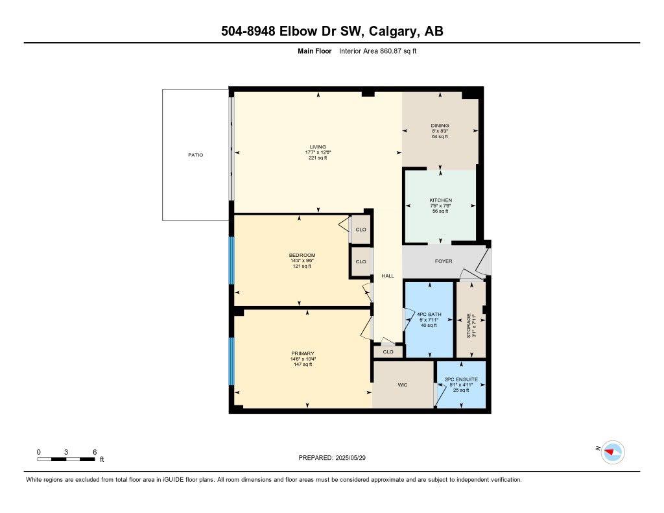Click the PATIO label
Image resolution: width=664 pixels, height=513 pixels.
pos(195,155)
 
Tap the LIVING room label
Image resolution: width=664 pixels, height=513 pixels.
pos(318,147)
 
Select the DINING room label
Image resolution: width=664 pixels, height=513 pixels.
pos(440,126)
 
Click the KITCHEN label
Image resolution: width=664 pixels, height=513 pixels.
pos(440,200)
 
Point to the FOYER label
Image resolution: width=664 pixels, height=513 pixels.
pos(444,261)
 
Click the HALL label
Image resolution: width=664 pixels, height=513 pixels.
pos(388,276)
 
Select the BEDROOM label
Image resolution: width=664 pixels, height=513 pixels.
pos(302,255)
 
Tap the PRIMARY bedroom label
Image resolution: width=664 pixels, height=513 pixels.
pos(303,353)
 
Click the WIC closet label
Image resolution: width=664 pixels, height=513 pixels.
pos(402,385)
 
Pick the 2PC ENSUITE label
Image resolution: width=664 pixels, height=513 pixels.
pos(460,379)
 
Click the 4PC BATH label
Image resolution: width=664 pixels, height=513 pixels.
pos(429,315)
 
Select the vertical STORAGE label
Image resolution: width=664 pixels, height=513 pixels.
pos(469,326)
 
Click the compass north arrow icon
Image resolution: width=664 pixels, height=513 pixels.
pos(612,451)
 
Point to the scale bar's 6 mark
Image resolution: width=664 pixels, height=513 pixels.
pos(95,451)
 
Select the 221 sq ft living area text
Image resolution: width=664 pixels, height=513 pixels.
pos(318,158)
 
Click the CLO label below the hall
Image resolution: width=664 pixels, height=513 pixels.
pos(388,352)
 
